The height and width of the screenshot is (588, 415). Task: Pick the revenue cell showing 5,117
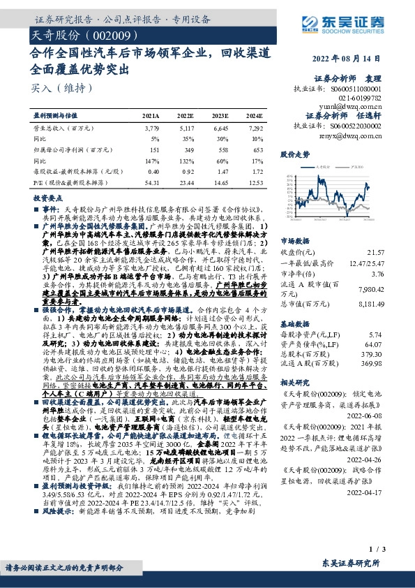[x=183, y=128]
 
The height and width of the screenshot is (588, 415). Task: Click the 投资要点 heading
[x=47, y=198]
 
